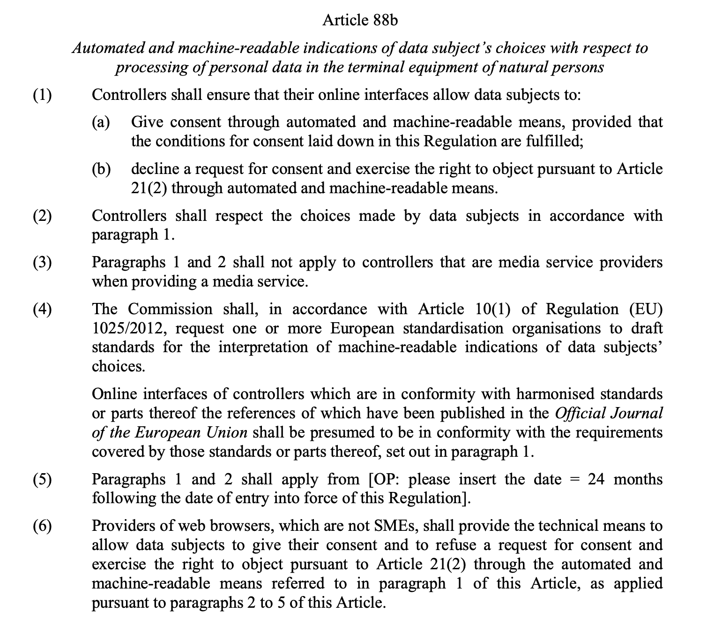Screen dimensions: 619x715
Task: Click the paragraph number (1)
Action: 42,95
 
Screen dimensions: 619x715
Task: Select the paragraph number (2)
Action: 42,216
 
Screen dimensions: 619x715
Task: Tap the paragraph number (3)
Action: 42,262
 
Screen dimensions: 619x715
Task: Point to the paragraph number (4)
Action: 42,309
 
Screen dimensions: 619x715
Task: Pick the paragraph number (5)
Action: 42,479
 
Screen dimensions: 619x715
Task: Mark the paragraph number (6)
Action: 42,526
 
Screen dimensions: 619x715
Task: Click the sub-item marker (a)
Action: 101,122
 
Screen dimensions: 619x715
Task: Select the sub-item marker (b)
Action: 101,169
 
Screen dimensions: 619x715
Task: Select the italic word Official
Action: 580,413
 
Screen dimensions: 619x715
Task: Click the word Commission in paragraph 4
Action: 170,309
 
